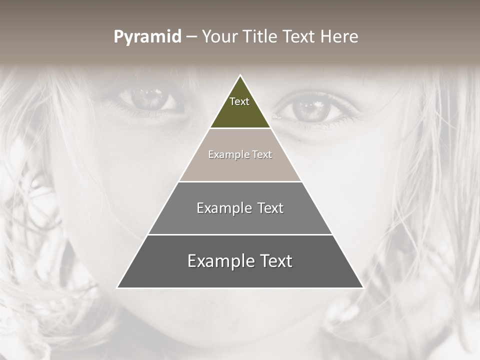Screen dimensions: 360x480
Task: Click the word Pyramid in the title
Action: coord(147,37)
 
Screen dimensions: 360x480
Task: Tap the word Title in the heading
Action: coord(261,37)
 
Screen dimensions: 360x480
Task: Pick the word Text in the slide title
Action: coord(300,37)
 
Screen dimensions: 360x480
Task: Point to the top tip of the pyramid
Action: coord(240,75)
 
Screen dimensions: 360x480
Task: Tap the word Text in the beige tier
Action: coord(262,154)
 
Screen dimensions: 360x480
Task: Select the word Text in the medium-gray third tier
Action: coord(270,208)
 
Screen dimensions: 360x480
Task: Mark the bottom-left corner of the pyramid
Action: coord(117,287)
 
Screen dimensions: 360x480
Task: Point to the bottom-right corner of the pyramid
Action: coord(362,287)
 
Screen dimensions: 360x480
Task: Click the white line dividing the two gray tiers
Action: coord(240,234)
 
